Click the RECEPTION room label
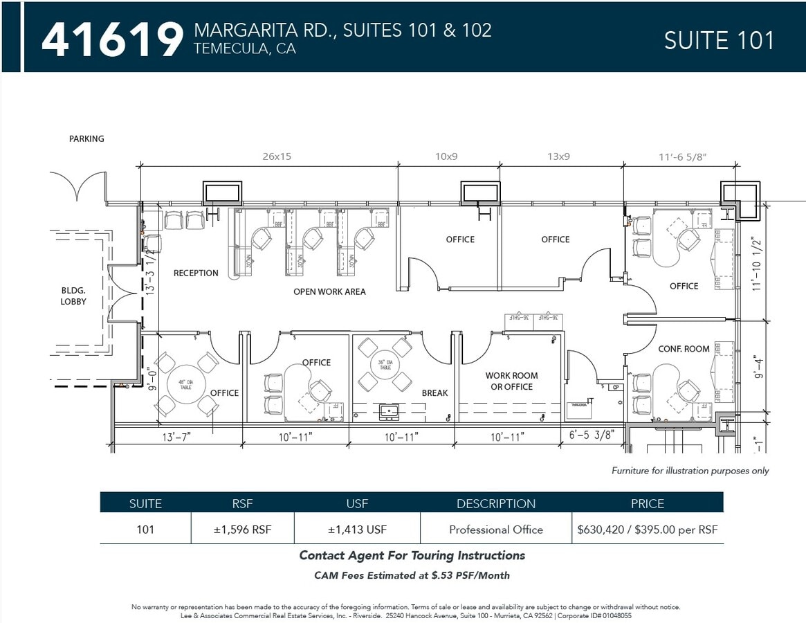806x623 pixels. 196,273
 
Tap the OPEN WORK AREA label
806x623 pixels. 329,291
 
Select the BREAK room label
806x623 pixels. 434,392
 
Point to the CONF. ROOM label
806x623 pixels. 684,349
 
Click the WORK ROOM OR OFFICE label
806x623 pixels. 511,381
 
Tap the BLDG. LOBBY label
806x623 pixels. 73,296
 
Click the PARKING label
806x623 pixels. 86,138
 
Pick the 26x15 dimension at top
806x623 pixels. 276,156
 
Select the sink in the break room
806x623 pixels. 389,413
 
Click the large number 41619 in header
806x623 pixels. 112,39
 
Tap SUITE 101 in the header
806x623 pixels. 719,40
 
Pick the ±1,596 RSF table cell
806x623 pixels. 242,530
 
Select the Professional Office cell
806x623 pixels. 495,530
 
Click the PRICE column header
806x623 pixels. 647,503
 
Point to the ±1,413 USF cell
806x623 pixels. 357,530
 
